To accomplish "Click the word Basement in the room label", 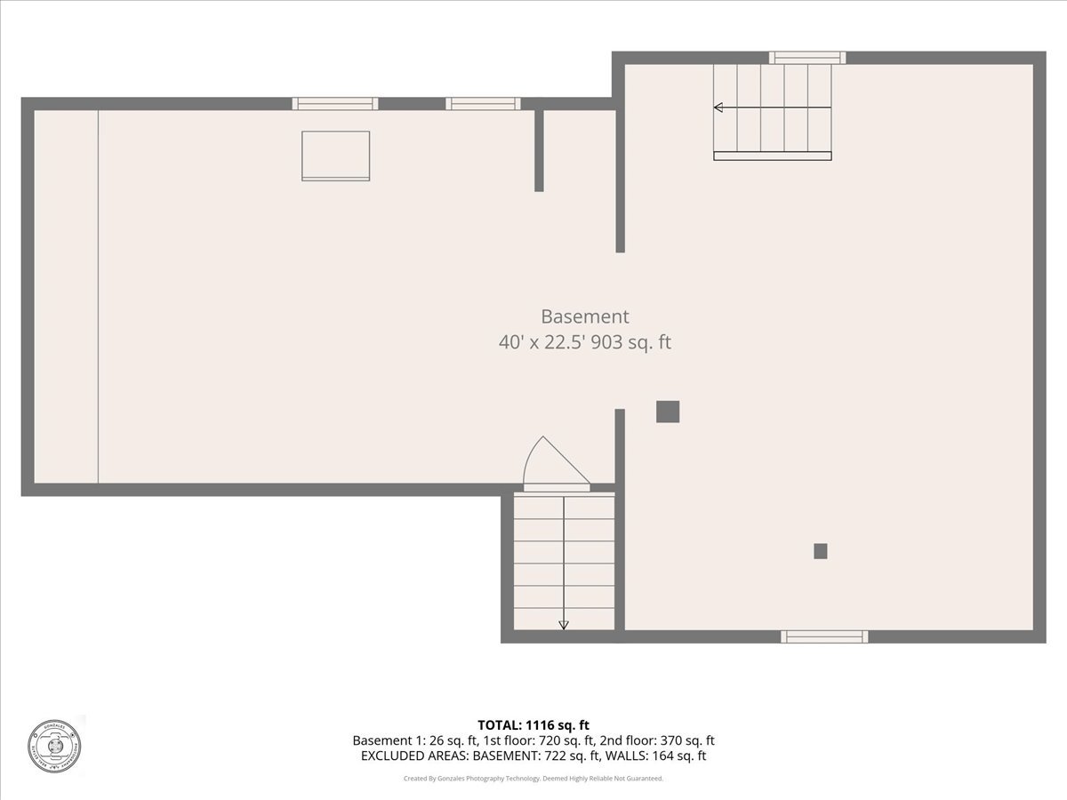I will click(584, 316).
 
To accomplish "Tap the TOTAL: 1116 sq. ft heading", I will click(533, 725).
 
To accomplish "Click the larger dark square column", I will click(668, 412).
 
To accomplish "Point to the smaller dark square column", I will click(821, 551).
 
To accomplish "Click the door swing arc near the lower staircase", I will click(544, 462).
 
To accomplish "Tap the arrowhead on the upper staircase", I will click(718, 108).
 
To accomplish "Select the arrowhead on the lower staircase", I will click(564, 625).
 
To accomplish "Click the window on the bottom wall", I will click(824, 636).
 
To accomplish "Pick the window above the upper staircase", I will click(807, 58).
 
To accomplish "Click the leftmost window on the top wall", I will click(335, 104).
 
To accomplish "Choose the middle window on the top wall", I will click(483, 104).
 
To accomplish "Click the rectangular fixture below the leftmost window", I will click(335, 156).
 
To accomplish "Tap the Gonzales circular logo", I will click(53, 745).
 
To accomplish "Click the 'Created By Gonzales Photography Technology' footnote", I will click(533, 779).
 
